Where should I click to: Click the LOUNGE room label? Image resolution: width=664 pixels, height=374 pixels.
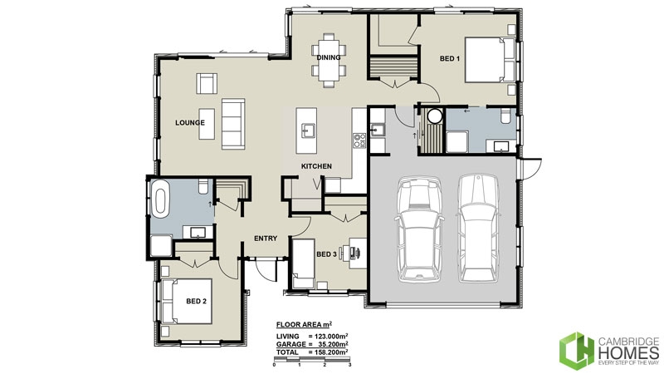pyautogui.click(x=190, y=123)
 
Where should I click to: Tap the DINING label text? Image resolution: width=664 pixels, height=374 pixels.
pyautogui.click(x=330, y=57)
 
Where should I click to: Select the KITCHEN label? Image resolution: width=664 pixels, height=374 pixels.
pyautogui.click(x=316, y=167)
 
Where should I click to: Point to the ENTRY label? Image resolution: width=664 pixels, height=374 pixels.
pyautogui.click(x=265, y=239)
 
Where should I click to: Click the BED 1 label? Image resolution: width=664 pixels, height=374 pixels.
pyautogui.click(x=450, y=57)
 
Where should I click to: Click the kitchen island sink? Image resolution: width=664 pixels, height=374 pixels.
pyautogui.click(x=309, y=130)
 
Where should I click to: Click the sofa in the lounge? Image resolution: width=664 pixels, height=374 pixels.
pyautogui.click(x=232, y=121)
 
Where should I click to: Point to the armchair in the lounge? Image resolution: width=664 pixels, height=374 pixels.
pyautogui.click(x=207, y=84)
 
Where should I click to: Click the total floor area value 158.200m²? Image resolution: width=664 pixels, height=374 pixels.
pyautogui.click(x=328, y=353)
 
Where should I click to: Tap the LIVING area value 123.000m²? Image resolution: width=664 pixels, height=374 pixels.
pyautogui.click(x=328, y=337)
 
